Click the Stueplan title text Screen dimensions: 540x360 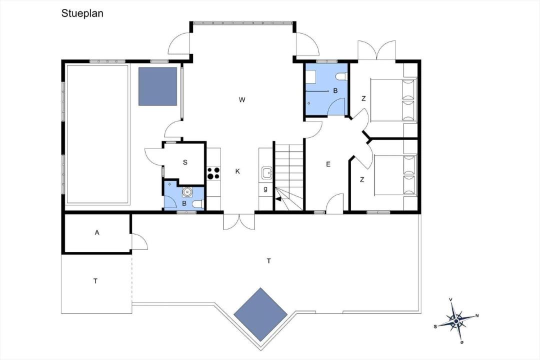click(82, 13)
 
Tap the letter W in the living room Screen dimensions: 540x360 click(242, 100)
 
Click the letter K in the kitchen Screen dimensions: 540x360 click(237, 171)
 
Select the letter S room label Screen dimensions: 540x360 click(185, 162)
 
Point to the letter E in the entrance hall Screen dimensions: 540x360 click(328, 164)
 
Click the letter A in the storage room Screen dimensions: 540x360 click(97, 232)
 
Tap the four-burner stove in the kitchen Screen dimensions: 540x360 click(213, 173)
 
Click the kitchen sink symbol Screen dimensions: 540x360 click(266, 172)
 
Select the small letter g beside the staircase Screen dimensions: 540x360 click(265, 189)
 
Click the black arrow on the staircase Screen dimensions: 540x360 click(278, 198)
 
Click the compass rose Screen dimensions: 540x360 click(456, 321)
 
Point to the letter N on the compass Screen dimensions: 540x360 click(477, 315)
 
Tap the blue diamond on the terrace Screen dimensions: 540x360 click(260, 314)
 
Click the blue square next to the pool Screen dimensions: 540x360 click(157, 86)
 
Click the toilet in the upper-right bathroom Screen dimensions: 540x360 click(342, 76)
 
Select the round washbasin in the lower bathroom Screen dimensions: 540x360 click(187, 191)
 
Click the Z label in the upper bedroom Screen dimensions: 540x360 click(363, 99)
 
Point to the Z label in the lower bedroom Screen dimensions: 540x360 click(362, 180)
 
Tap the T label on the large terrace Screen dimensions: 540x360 click(268, 261)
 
